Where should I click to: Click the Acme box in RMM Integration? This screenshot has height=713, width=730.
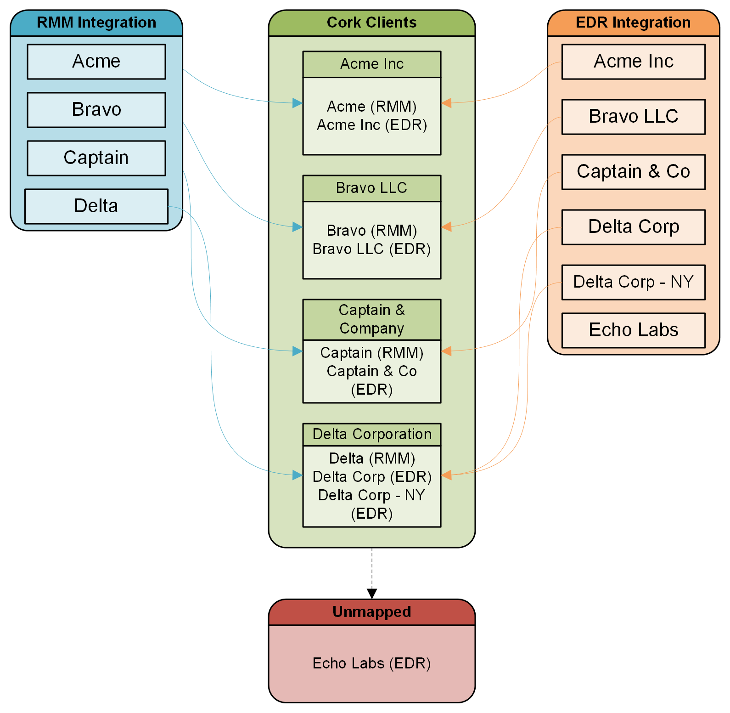click(x=96, y=62)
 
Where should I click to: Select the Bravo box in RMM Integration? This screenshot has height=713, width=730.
click(x=96, y=110)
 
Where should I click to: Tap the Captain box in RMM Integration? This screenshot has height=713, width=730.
click(x=96, y=158)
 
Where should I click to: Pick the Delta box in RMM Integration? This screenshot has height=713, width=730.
click(x=96, y=206)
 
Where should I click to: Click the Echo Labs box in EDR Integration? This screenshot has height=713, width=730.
click(x=633, y=330)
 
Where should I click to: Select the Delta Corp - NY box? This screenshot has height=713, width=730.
click(x=633, y=282)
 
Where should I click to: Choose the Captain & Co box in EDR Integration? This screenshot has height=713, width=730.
click(x=633, y=172)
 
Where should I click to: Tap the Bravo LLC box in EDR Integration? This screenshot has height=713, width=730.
click(x=633, y=117)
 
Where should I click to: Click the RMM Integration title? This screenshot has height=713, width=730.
click(x=96, y=23)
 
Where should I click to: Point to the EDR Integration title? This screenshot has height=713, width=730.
click(x=633, y=23)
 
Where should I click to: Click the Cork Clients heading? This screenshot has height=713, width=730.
click(x=371, y=23)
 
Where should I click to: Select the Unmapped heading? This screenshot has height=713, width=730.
click(x=371, y=612)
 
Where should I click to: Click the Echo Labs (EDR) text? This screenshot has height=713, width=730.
click(x=371, y=663)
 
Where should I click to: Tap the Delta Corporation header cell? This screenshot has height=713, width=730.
click(x=371, y=434)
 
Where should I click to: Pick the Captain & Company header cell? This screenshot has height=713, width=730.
click(x=371, y=319)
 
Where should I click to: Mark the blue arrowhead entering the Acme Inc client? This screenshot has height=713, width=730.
click(x=298, y=103)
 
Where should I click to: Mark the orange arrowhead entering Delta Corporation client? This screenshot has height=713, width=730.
click(x=446, y=475)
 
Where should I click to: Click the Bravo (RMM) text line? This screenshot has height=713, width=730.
click(x=371, y=230)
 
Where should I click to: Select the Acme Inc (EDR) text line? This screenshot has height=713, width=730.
click(x=371, y=125)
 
